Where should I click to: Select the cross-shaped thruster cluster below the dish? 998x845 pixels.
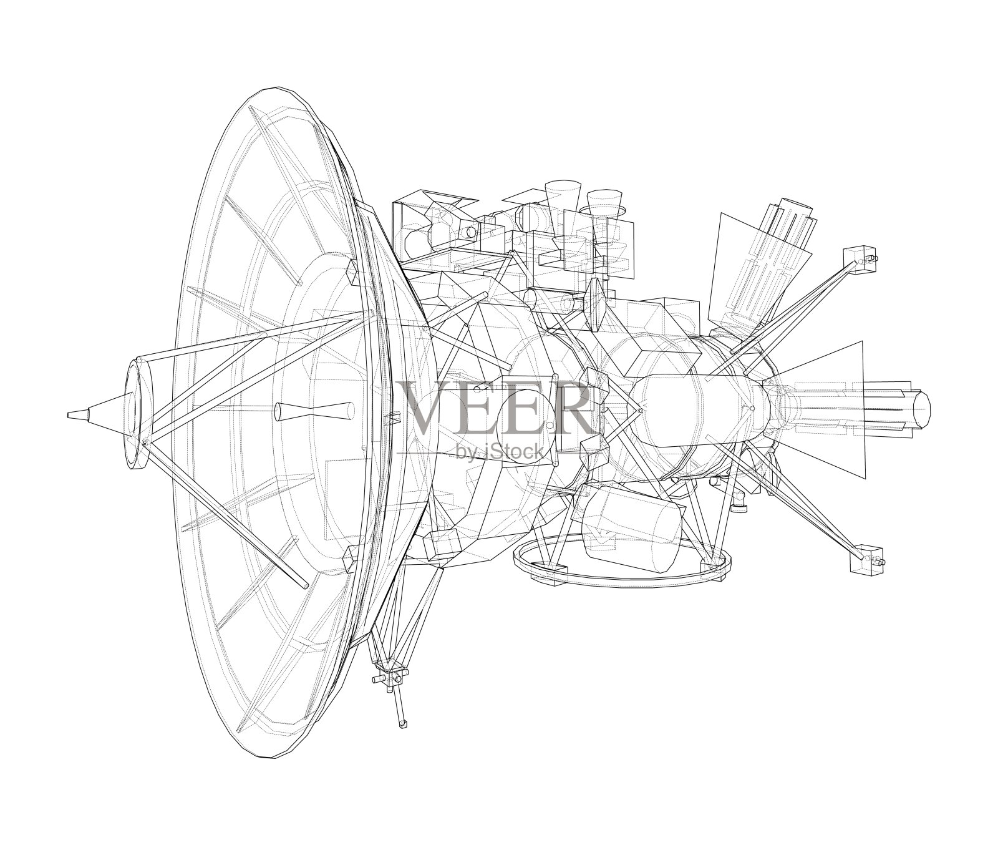390,677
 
